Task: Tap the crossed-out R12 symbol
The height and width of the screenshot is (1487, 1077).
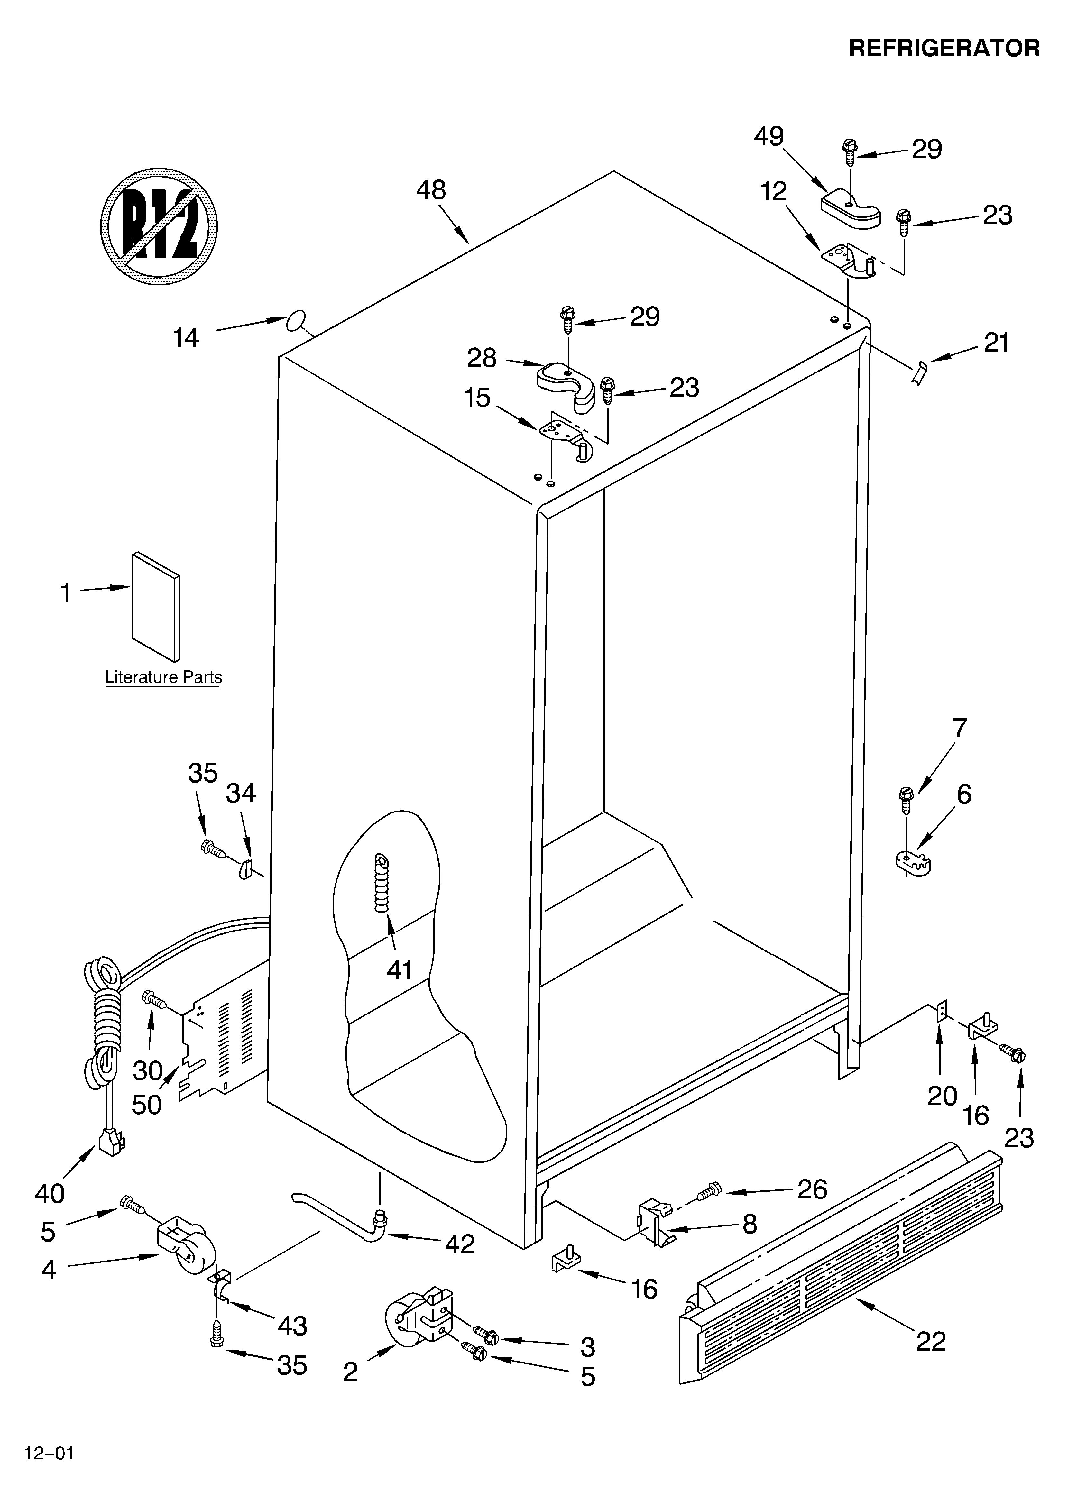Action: (x=159, y=226)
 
